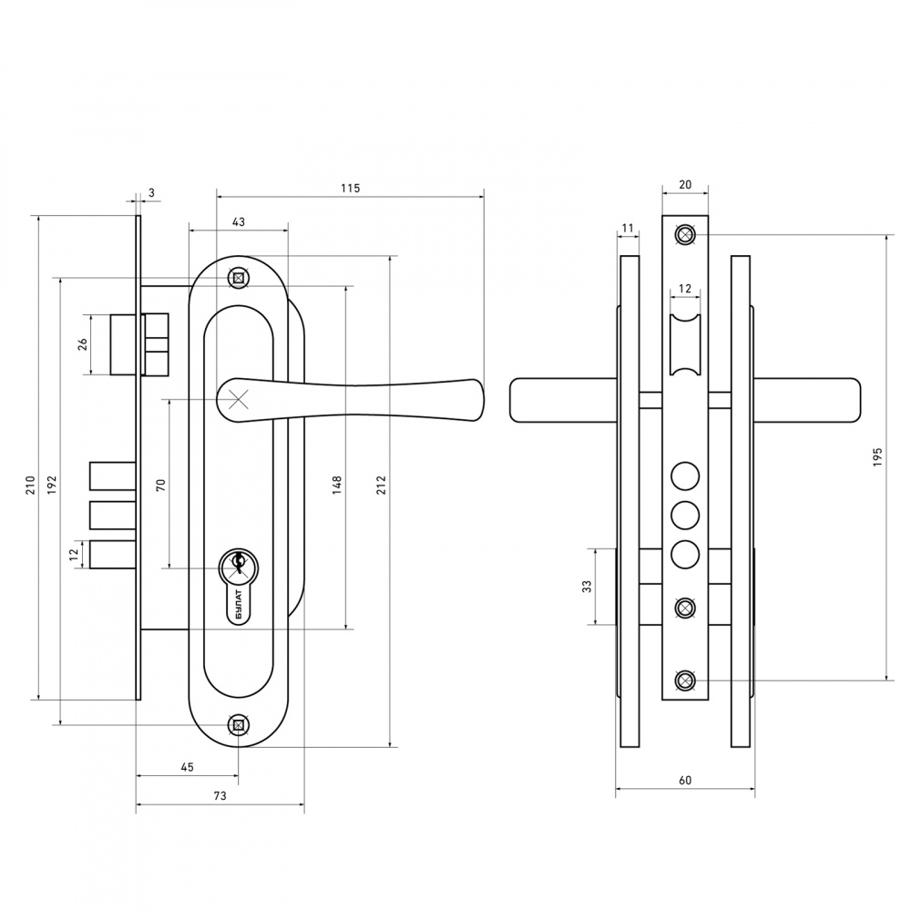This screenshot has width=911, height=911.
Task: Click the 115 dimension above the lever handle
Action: pos(351,189)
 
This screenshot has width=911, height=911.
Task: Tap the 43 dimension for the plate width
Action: pos(238,222)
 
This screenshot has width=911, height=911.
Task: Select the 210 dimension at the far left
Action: pos(30,486)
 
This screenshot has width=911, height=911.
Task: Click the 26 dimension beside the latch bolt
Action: pos(83,344)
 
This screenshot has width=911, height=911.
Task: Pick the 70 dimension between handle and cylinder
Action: pos(161,486)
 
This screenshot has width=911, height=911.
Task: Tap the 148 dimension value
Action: pos(337,486)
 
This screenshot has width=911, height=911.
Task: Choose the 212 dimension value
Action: pos(381,486)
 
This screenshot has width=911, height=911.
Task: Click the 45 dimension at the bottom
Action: pos(187,767)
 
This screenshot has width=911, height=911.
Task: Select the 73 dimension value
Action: pos(220,796)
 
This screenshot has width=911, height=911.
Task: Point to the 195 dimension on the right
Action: pos(877,457)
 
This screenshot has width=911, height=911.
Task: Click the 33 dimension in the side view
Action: pos(587,586)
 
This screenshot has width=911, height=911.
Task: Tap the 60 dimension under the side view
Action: pos(685,781)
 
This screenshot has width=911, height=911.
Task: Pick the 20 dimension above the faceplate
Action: pos(685,185)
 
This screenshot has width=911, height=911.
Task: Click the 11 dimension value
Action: pos(627,229)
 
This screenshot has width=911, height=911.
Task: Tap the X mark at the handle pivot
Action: pos(238,399)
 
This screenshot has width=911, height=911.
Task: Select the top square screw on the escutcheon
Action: pos(238,278)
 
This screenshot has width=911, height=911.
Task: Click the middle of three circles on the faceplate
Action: pos(685,516)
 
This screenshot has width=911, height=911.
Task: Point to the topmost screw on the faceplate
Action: pos(685,235)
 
